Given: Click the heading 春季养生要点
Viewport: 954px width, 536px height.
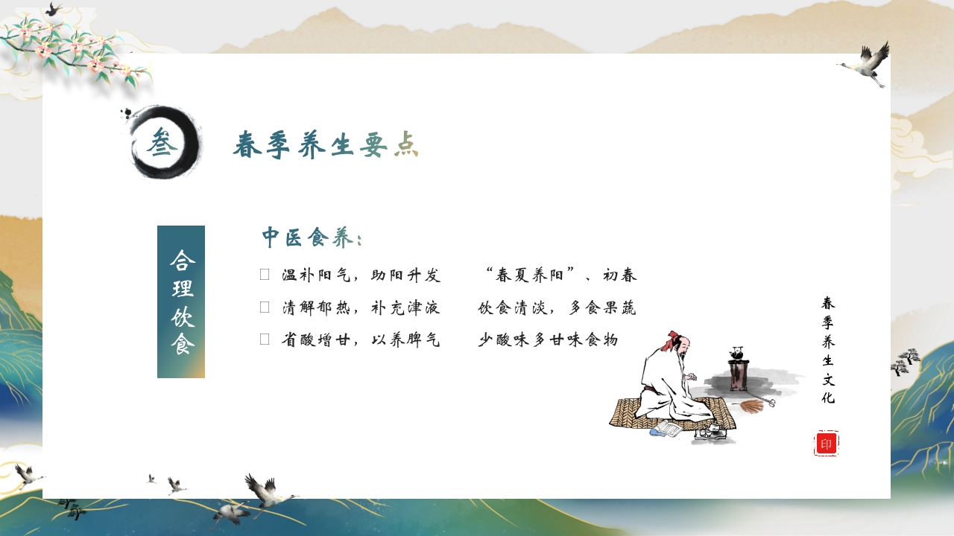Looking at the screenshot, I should [x=325, y=144].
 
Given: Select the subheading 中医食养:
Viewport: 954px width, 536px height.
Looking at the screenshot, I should [x=312, y=238].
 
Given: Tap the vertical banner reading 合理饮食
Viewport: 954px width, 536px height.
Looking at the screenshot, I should [x=181, y=301].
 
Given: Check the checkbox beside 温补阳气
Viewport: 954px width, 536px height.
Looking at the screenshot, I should [x=265, y=275].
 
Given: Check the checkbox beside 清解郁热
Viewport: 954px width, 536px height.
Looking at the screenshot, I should [x=265, y=307].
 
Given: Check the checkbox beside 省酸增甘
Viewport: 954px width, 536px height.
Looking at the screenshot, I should [x=265, y=339].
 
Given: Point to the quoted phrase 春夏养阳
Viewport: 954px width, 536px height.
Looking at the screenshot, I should [x=530, y=275].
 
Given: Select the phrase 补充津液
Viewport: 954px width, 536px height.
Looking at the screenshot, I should [x=406, y=307].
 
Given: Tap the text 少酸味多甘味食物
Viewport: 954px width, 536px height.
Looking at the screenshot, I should [x=548, y=340].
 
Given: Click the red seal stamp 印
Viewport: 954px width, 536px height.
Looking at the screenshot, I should [x=826, y=444].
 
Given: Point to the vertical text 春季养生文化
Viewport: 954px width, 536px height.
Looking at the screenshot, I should [x=828, y=350].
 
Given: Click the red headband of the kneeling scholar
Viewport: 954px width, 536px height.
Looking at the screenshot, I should [x=675, y=336].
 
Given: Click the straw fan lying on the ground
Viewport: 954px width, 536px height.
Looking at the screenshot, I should [x=754, y=406].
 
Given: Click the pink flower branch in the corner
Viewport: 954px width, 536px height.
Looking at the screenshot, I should [x=75, y=48].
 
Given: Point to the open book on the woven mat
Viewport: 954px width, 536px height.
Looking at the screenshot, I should [x=667, y=430].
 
